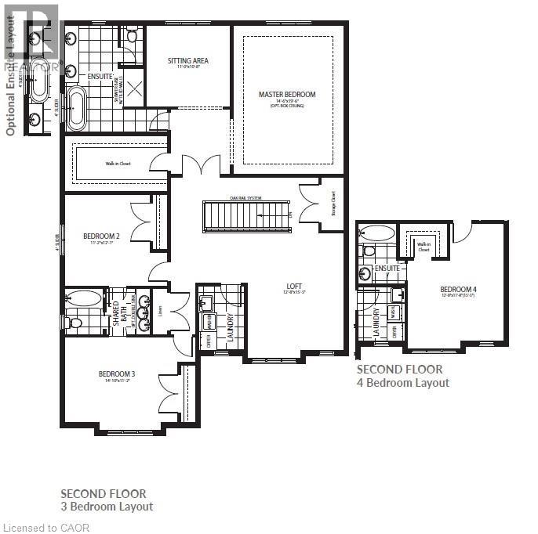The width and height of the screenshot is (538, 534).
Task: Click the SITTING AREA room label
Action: pos(187,60)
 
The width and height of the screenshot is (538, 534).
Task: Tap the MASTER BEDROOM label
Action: pos(287,95)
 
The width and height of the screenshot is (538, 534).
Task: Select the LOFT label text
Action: pos(295,287)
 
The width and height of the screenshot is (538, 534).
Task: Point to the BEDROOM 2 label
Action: pos(101,236)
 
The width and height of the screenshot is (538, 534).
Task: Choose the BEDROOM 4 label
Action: pos(459,289)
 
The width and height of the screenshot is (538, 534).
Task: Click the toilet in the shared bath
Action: pos(76,323)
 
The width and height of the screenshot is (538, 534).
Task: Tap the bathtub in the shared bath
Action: pos(83,298)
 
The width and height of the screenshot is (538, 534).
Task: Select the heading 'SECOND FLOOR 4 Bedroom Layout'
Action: pos(403,376)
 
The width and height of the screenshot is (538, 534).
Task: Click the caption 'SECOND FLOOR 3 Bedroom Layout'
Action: pos(107,500)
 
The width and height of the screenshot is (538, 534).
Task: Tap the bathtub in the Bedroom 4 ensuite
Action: pos(376,233)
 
